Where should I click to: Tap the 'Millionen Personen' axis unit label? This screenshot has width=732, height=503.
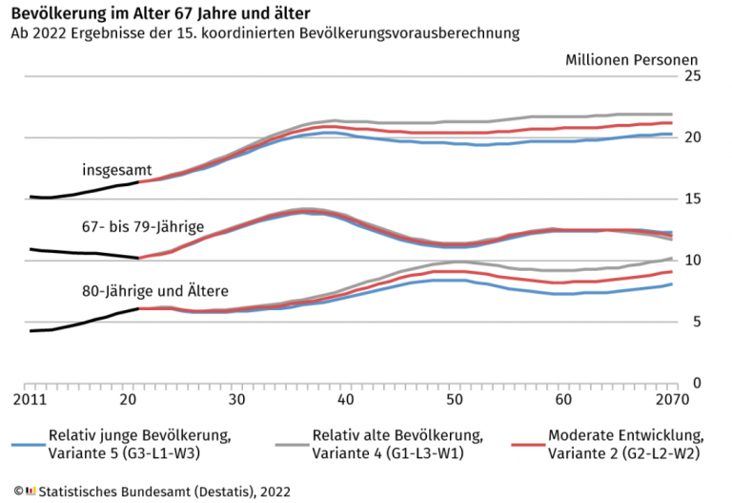point(631,59)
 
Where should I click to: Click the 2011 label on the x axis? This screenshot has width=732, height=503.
point(32,399)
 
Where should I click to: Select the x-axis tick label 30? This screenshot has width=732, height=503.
point(237,399)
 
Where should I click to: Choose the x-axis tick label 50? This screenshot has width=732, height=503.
point(455,399)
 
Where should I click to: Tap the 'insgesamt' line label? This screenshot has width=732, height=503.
point(111,170)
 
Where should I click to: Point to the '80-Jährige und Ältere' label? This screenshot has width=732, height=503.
point(154,289)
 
